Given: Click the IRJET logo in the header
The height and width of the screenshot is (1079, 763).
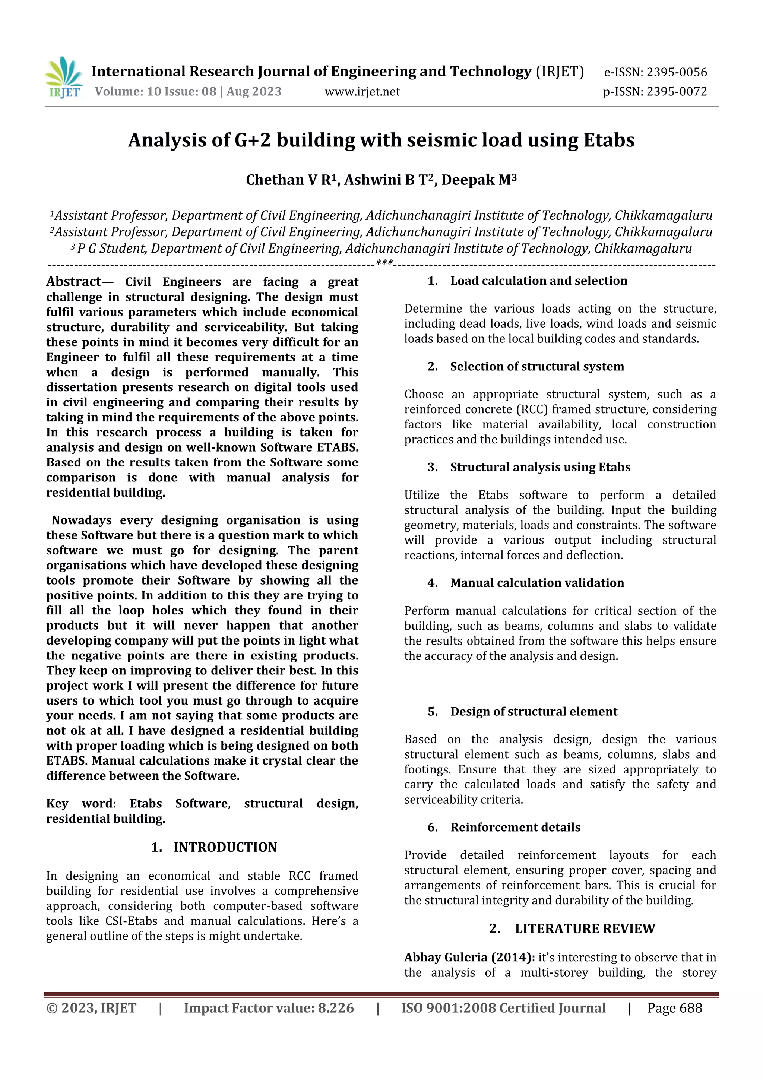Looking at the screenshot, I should point(63,77).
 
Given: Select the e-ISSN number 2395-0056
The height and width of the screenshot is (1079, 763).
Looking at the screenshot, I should point(677,72).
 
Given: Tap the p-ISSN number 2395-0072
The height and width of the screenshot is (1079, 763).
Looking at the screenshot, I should point(677,92).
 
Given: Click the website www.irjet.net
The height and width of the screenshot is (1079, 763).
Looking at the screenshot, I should point(362,92).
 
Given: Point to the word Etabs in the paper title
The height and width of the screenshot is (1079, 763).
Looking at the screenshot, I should point(609,140).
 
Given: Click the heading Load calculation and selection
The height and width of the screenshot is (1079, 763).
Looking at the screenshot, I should point(538,281).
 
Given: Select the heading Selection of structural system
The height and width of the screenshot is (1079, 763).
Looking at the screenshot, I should point(537,367).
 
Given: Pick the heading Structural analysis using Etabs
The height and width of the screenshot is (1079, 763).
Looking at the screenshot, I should point(540,467).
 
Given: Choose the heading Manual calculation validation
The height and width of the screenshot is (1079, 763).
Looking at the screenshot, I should point(537,583).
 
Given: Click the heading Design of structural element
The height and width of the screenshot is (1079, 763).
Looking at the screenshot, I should point(534,712).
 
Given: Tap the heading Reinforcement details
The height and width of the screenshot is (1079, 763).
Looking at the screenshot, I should point(515,827).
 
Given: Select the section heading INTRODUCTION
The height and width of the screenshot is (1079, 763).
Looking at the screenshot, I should point(225,847).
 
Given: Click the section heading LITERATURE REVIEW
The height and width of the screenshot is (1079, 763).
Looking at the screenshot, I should point(585,928).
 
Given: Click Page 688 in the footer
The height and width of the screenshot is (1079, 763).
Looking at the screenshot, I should point(675,1008).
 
